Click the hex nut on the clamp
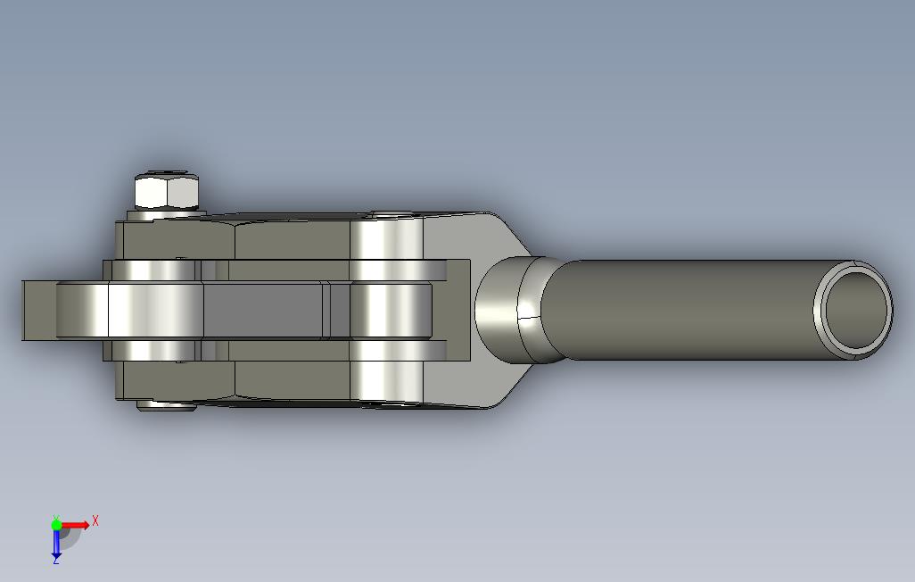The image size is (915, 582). [167, 190]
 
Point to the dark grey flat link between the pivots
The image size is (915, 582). [262, 310]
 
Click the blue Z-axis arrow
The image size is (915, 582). [56, 543]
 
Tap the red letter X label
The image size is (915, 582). [95, 520]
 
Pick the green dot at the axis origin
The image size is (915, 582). [56, 525]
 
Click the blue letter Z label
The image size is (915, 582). [56, 560]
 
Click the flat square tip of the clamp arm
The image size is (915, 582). [39, 310]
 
